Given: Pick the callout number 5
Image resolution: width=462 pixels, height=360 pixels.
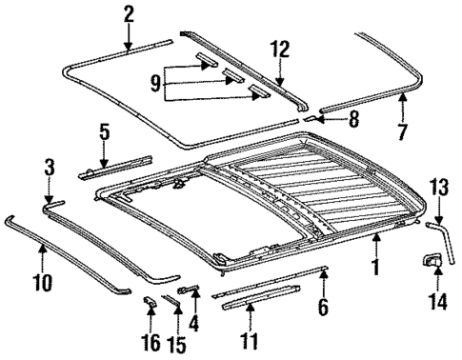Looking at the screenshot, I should tap(104, 131).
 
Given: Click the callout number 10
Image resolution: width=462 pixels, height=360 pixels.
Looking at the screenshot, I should tap(43, 282).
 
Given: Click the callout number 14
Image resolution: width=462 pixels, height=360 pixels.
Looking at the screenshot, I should tap(436, 304).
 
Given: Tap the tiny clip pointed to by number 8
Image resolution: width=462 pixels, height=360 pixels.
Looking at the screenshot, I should tap(308, 120).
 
